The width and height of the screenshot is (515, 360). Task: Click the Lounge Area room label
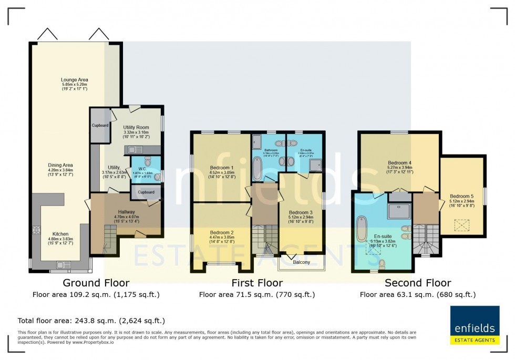(x=74, y=80)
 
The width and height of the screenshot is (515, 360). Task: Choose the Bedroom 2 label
(x=221, y=232)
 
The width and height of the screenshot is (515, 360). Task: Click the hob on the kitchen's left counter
(x=37, y=230)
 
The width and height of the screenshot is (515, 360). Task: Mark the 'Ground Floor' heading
(x=96, y=283)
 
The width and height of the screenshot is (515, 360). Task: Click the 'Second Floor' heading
(x=418, y=283)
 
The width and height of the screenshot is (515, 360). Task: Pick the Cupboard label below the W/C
(x=146, y=192)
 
